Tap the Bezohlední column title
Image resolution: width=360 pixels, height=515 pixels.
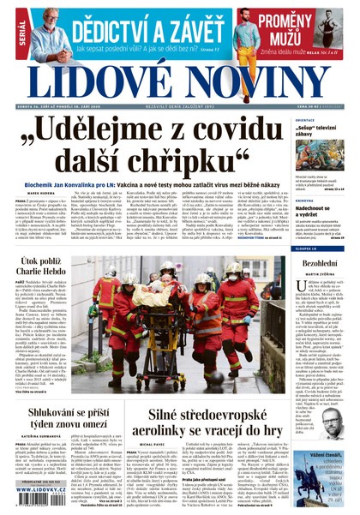319,264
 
